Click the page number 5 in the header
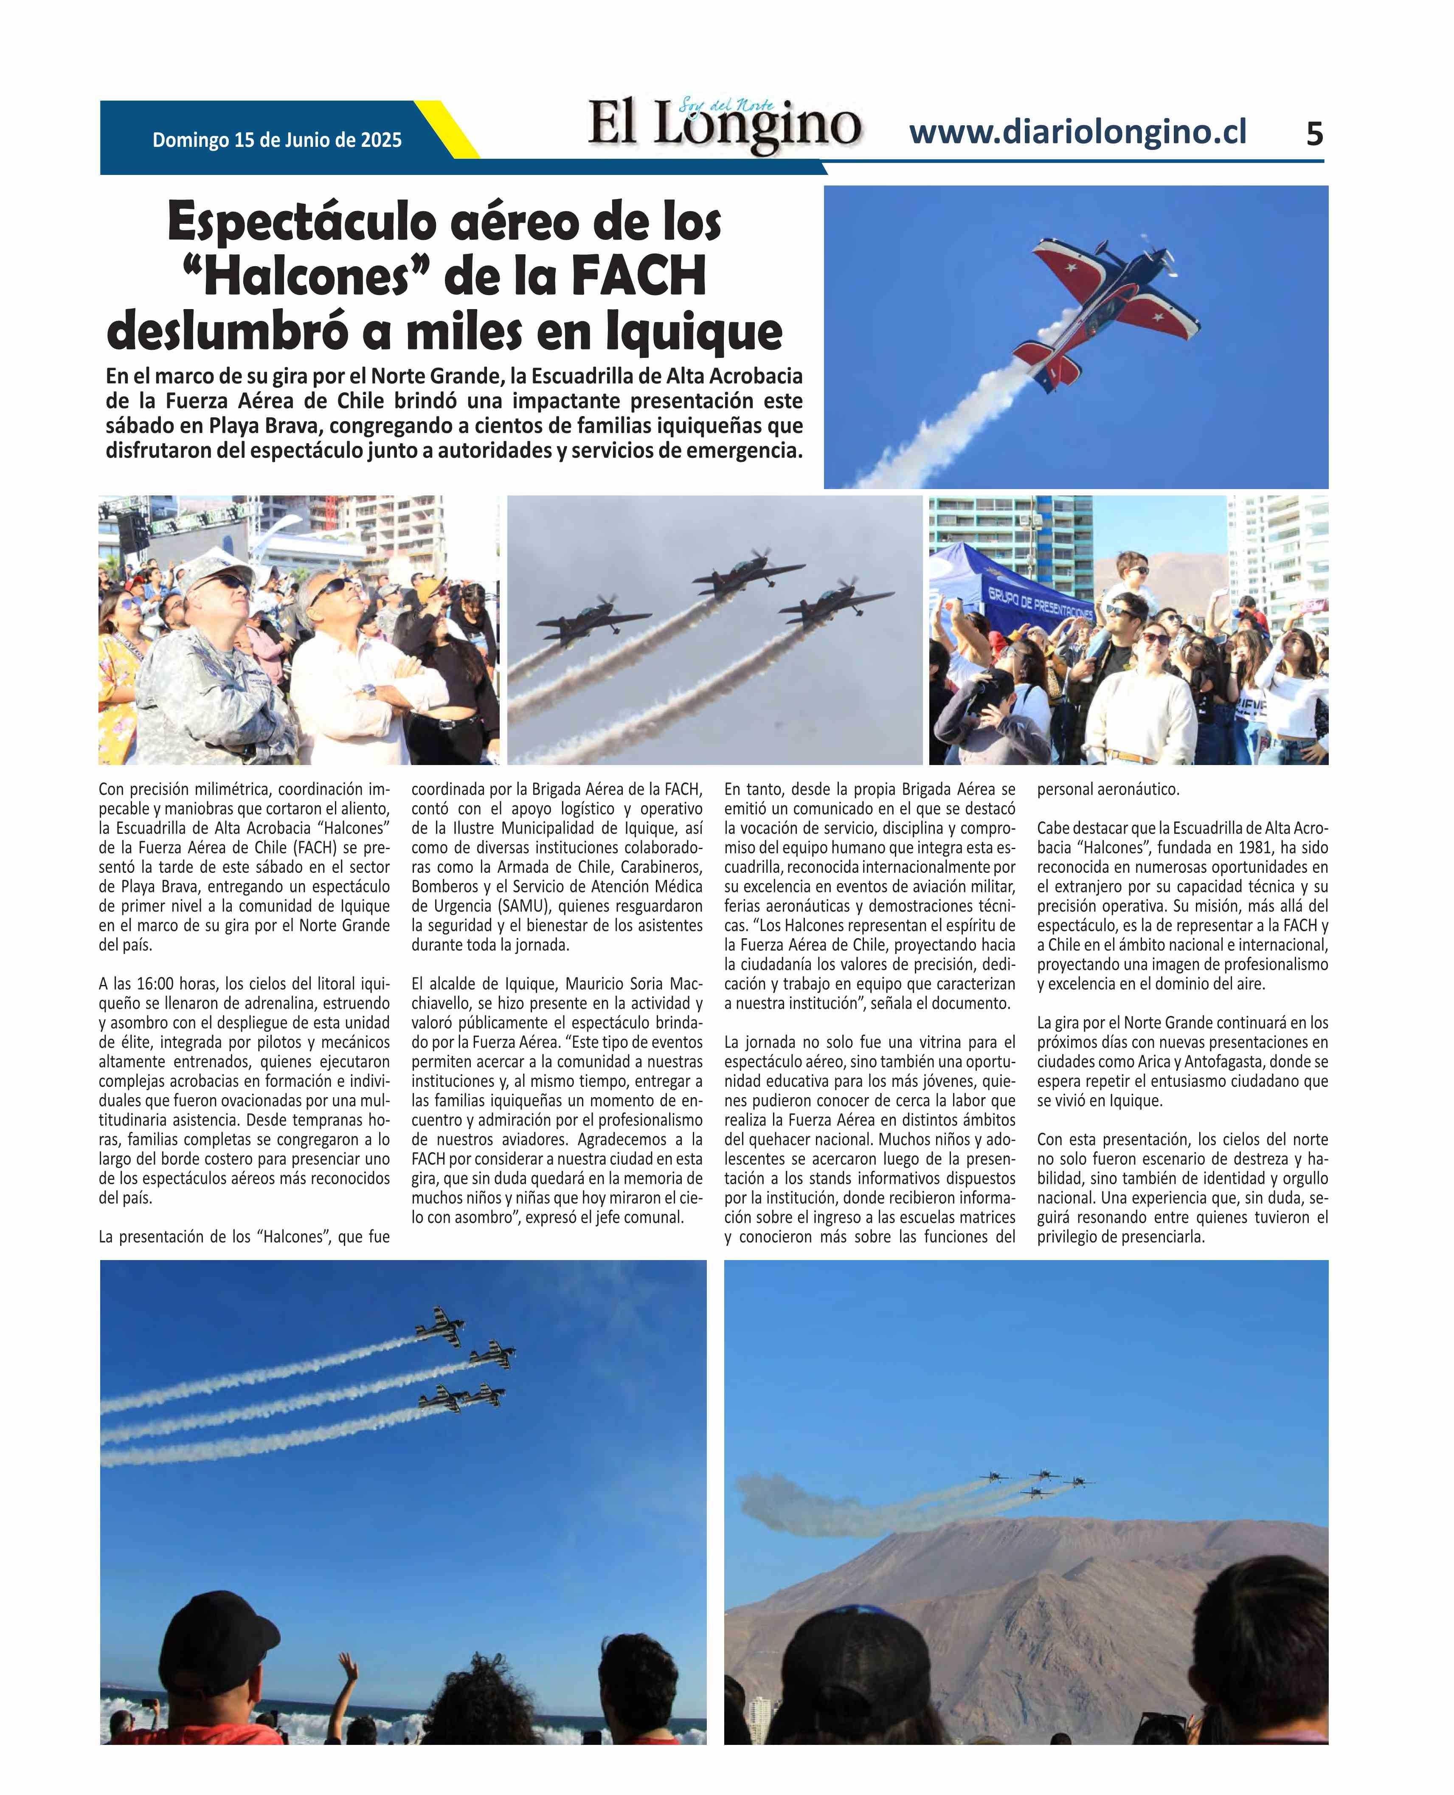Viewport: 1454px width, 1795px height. click(1314, 134)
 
